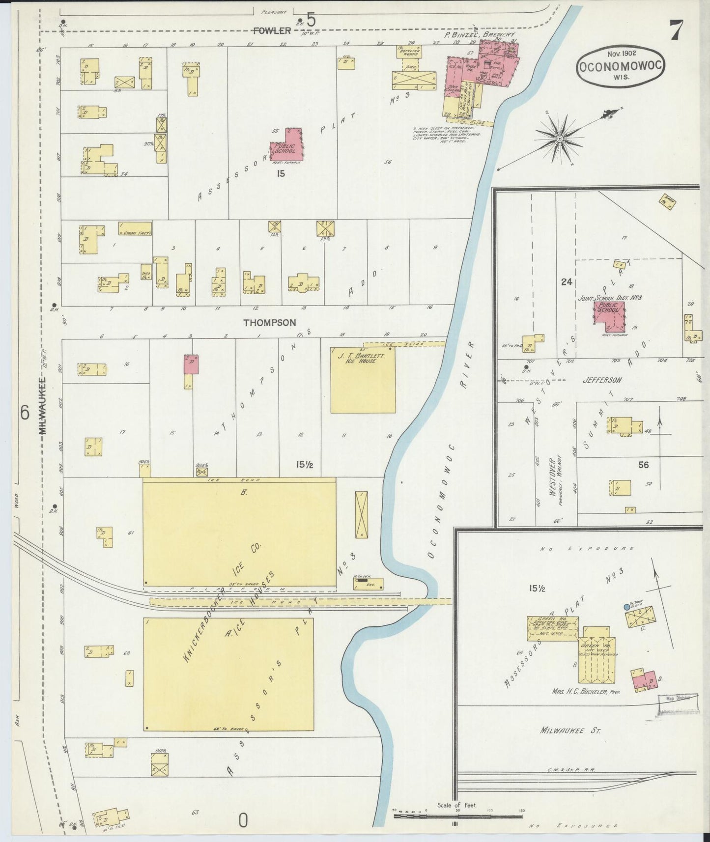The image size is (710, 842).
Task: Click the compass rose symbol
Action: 559,140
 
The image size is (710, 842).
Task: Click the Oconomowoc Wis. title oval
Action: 620,67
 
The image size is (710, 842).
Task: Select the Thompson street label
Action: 270,323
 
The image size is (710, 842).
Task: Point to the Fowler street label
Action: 272,31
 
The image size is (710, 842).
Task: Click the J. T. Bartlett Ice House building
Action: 363,381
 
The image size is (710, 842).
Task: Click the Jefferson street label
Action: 602,380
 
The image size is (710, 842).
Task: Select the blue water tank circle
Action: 626,607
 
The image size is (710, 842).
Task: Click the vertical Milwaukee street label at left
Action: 42,405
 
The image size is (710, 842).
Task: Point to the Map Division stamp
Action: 678,698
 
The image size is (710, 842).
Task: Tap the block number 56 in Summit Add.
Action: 643,465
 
